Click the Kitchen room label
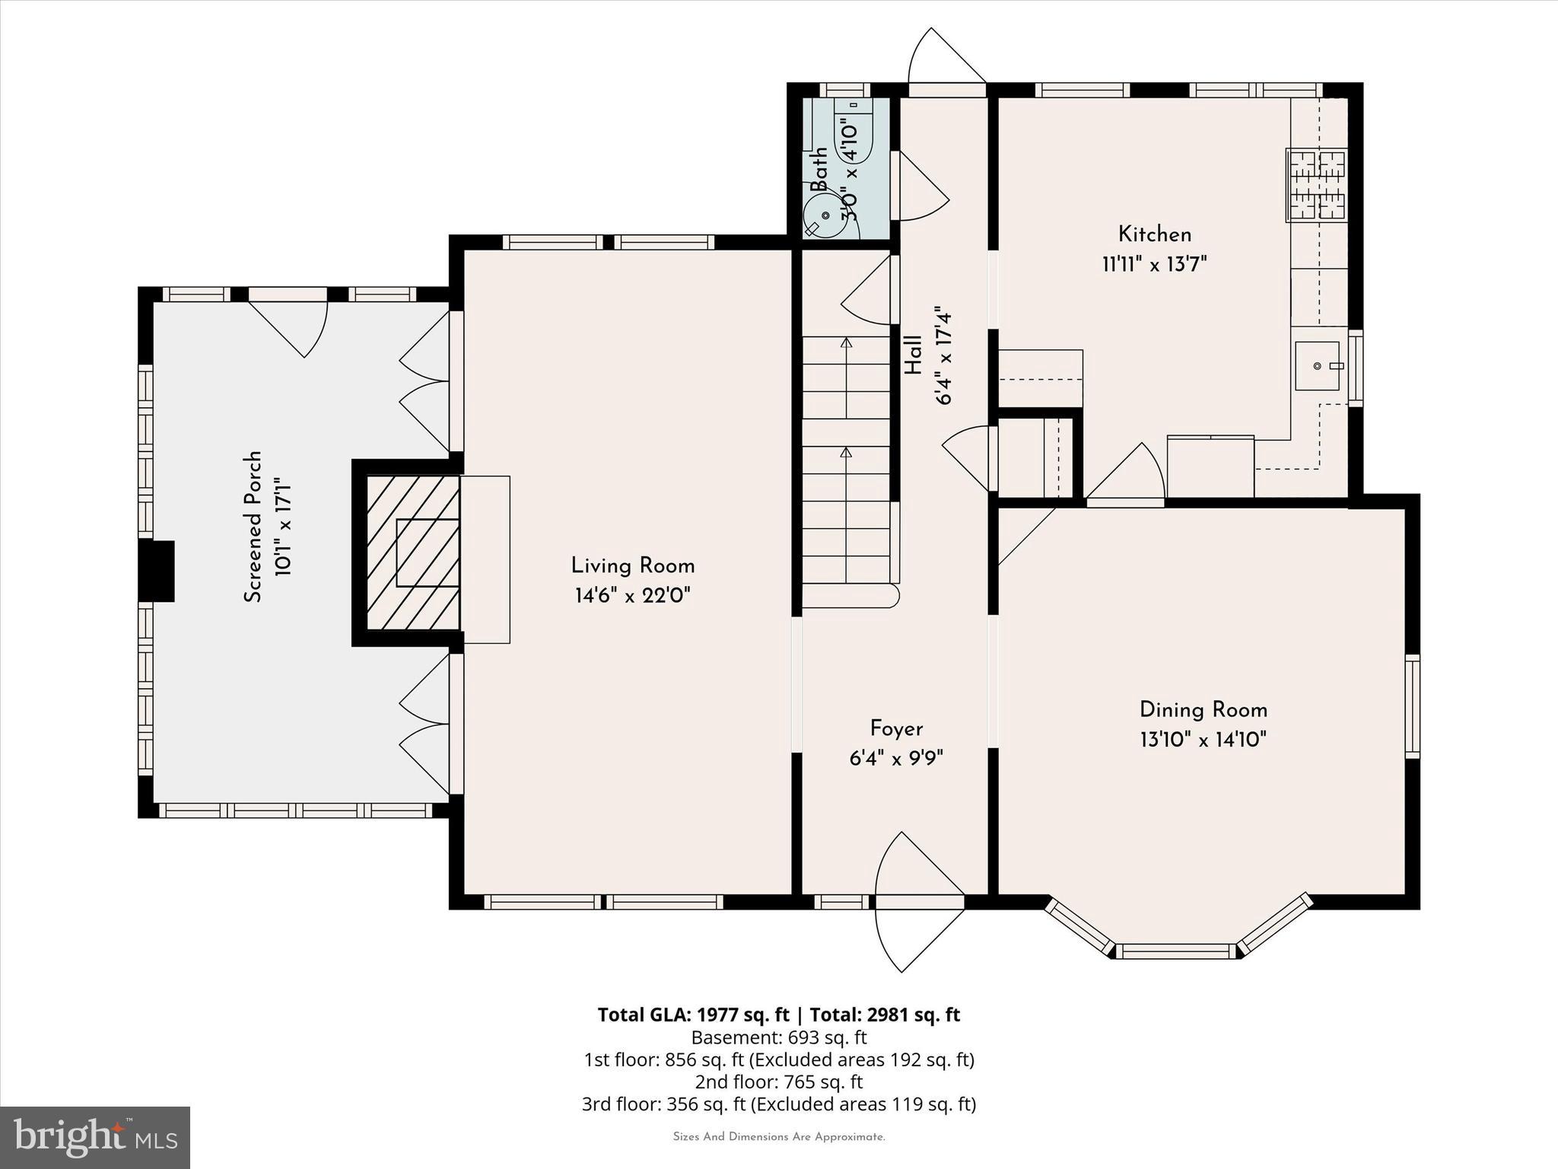[1154, 234]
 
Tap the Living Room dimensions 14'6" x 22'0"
[632, 595]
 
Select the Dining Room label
[1203, 710]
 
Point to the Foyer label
[896, 728]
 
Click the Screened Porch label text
[253, 527]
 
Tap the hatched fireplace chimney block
[412, 553]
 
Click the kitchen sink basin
[1317, 366]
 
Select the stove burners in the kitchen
[1316, 185]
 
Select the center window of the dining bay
[1176, 951]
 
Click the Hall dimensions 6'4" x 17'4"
[943, 356]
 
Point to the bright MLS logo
[95, 1137]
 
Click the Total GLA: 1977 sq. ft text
[693, 1015]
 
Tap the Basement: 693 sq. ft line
[778, 1037]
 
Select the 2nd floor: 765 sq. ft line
[778, 1081]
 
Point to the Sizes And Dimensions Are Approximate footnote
[778, 1136]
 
